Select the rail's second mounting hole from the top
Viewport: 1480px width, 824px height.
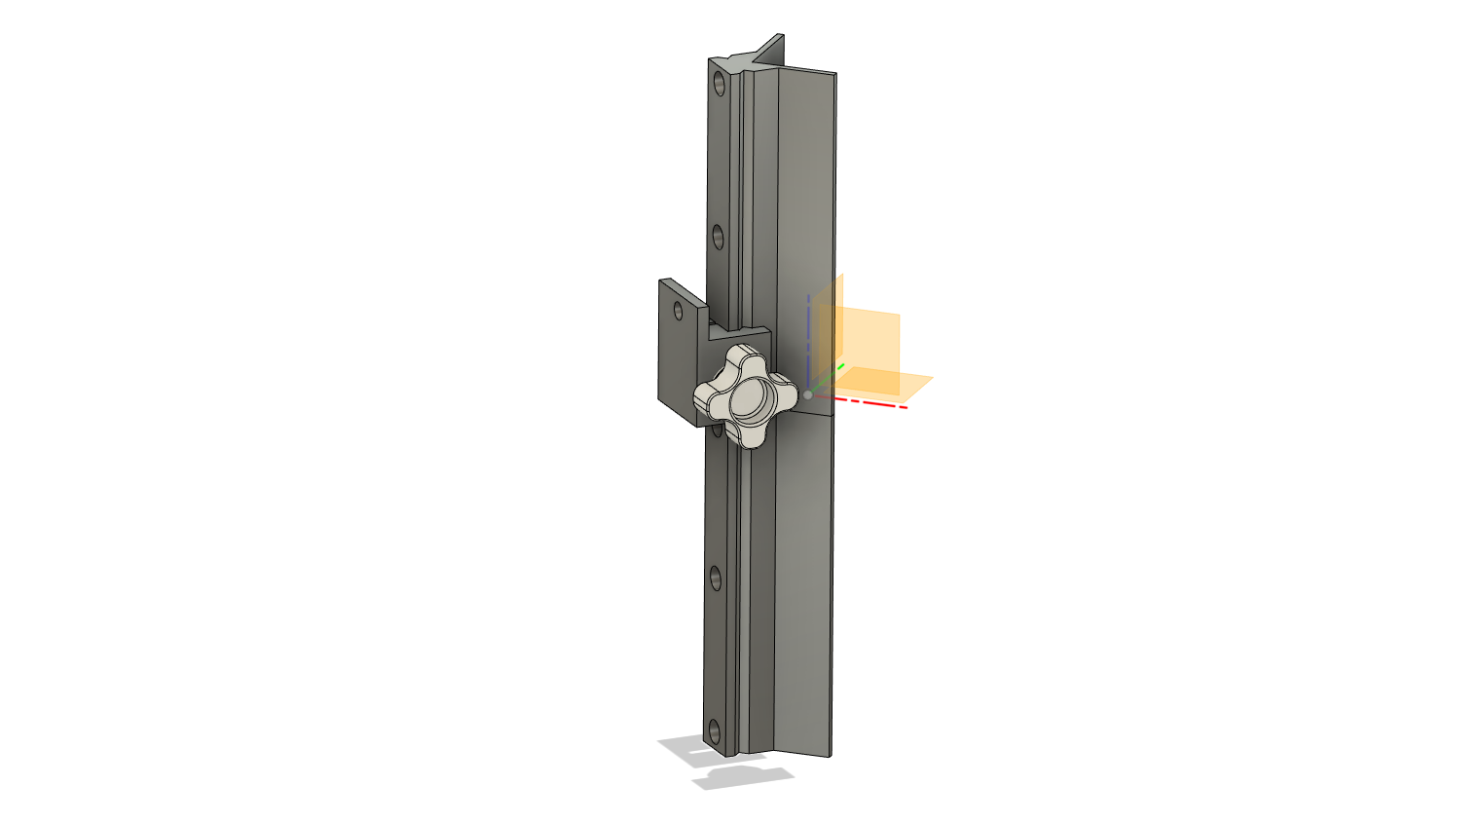(719, 236)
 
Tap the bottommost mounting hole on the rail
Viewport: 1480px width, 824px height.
(715, 730)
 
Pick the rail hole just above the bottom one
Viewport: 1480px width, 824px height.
(716, 578)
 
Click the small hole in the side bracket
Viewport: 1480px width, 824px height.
(679, 312)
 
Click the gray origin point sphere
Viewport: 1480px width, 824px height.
(807, 394)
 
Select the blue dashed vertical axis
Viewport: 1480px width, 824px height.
(808, 331)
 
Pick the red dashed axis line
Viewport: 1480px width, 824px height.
(871, 402)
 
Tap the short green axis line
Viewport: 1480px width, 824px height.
(829, 375)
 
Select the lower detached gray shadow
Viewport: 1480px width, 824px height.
(742, 777)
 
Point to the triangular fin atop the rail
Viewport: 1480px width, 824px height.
(769, 52)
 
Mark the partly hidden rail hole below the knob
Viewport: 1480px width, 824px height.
(718, 430)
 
